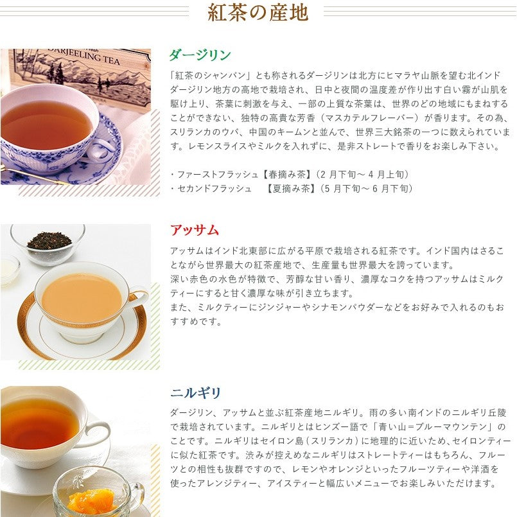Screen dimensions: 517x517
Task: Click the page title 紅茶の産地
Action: tap(258, 12)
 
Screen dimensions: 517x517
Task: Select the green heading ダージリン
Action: tap(200, 55)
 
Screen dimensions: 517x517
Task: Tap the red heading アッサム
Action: tap(195, 230)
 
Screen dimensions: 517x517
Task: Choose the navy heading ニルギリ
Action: tap(196, 392)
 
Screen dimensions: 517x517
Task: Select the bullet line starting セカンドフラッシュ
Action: tap(292, 188)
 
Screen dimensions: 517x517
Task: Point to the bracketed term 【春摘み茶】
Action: tap(288, 174)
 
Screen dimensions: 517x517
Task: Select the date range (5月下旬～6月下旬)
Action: tap(367, 188)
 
